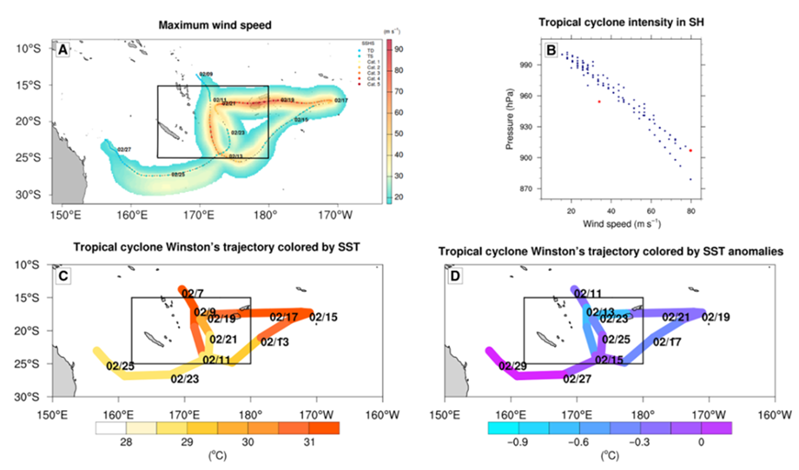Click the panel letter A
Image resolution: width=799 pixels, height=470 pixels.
click(63, 50)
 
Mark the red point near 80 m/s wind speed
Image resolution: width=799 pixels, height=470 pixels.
click(690, 150)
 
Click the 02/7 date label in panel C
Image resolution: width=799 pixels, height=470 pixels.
click(193, 294)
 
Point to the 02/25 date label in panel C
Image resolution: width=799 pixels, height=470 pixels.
click(120, 366)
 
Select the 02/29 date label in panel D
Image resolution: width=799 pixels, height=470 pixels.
click(512, 366)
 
